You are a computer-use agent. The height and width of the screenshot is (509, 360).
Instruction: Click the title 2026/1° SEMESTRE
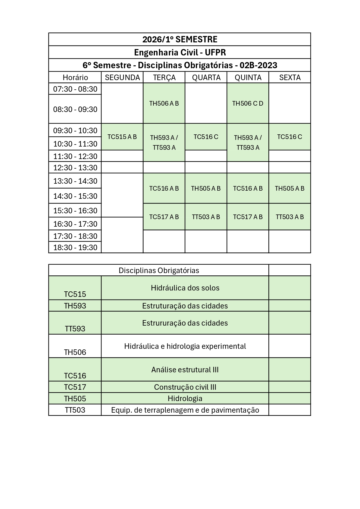coord(180,39)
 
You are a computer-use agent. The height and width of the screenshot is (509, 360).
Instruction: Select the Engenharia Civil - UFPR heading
coord(180,53)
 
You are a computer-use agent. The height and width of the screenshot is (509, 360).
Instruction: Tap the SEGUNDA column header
coord(122,77)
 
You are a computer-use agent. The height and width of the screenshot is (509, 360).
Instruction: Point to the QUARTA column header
coord(206,77)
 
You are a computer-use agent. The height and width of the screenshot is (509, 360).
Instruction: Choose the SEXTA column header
coord(290,77)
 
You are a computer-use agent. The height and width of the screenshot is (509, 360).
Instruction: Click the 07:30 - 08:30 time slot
coord(75,89)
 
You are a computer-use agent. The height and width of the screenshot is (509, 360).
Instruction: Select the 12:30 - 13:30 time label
coord(75,168)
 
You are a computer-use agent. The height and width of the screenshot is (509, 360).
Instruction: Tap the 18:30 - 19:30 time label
coord(75,248)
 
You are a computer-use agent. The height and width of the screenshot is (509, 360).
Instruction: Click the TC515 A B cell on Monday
coord(122,137)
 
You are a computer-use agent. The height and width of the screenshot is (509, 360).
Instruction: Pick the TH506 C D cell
coord(248,103)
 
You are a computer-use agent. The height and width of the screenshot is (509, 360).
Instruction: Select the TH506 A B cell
coord(164,103)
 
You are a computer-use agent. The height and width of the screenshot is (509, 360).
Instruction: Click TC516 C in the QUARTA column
coord(206,137)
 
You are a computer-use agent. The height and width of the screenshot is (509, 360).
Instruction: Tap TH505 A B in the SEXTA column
coord(290,189)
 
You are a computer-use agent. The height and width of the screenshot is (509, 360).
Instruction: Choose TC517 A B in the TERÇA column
coord(164,217)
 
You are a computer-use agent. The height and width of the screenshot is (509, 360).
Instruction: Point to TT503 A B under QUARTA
coord(206,217)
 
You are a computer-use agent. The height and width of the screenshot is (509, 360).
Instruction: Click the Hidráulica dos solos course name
coord(185,288)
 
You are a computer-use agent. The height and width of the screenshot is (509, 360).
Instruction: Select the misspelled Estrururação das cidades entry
coord(185,323)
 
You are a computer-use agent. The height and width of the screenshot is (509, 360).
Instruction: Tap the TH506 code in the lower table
coord(75,352)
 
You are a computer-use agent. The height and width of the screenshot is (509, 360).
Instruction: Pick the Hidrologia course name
coord(185,398)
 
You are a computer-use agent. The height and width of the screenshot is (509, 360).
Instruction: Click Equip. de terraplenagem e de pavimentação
coord(185,410)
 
